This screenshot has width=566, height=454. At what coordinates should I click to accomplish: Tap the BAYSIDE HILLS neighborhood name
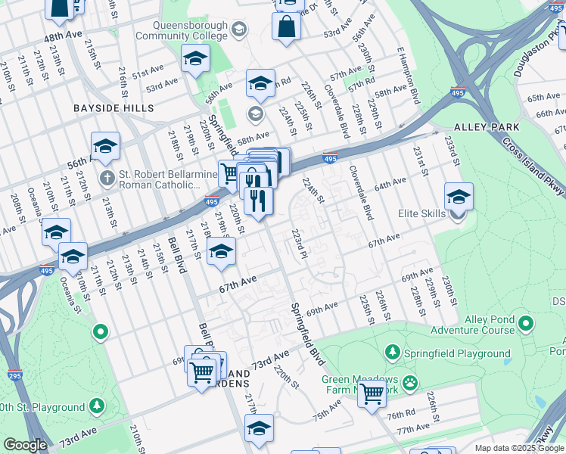point(114,108)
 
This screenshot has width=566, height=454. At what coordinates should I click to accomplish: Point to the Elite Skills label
point(422,214)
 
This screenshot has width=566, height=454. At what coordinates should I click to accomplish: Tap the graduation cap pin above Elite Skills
point(459,197)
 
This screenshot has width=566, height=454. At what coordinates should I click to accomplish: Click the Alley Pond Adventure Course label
point(472,325)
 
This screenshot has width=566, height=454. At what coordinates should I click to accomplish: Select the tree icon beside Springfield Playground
point(393,353)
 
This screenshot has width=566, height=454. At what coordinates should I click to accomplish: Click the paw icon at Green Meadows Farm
point(410,381)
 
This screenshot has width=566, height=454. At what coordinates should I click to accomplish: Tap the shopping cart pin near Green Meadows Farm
point(372,393)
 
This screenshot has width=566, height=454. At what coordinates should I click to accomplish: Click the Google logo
point(26,445)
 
